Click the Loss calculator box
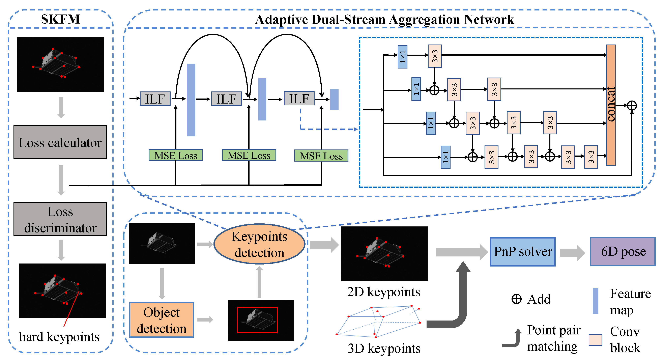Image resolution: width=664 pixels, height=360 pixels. pyautogui.click(x=60, y=142)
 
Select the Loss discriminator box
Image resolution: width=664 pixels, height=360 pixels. pyautogui.click(x=60, y=219)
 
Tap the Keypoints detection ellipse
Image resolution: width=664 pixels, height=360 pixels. pyautogui.click(x=259, y=244)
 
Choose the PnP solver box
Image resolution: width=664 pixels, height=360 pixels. pyautogui.click(x=522, y=252)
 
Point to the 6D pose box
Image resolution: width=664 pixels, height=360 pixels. pyautogui.click(x=623, y=252)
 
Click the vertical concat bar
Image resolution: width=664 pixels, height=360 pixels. pyautogui.click(x=611, y=105)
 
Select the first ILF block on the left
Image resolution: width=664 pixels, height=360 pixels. pyautogui.click(x=155, y=99)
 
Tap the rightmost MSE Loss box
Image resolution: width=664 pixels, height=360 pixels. pyautogui.click(x=321, y=156)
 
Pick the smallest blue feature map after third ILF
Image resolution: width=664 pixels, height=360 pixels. pyautogui.click(x=334, y=99)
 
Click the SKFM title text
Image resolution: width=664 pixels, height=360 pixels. pyautogui.click(x=61, y=19)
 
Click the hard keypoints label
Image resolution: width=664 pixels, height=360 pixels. pyautogui.click(x=59, y=337)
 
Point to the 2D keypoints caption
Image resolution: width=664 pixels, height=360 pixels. pyautogui.click(x=383, y=292)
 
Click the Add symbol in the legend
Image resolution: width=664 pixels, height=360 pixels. pyautogui.click(x=516, y=299)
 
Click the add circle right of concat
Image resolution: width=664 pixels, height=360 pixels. pyautogui.click(x=632, y=106)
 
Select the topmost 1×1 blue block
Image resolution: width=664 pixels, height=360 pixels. pyautogui.click(x=402, y=57)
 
